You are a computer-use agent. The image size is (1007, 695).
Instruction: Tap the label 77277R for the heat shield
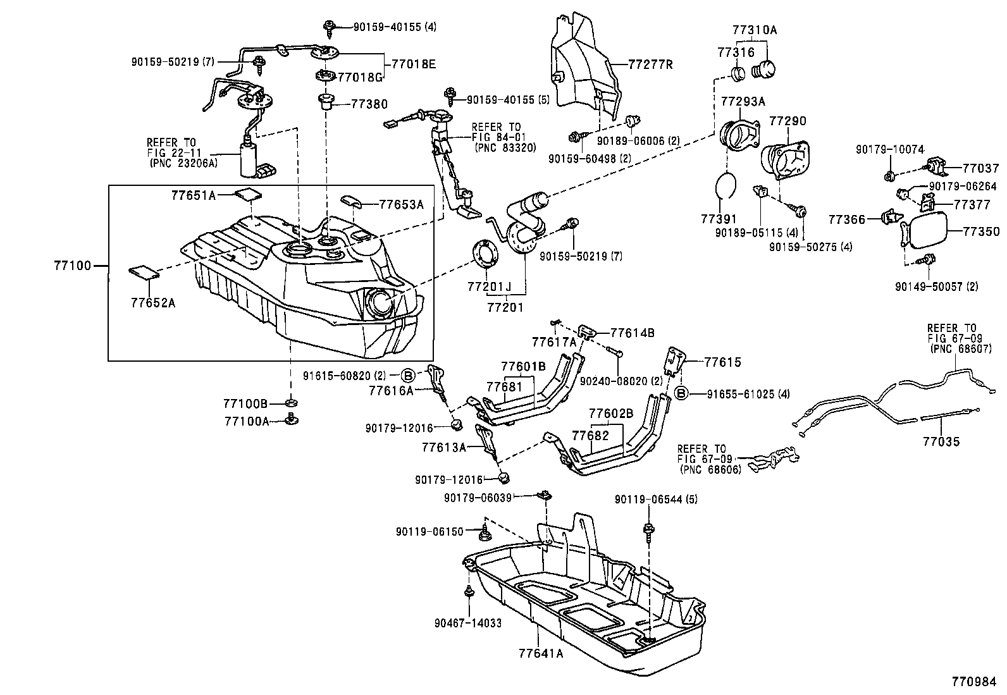click(x=650, y=65)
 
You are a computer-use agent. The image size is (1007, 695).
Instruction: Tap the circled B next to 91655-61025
click(x=682, y=394)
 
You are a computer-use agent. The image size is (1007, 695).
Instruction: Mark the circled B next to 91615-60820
click(x=409, y=374)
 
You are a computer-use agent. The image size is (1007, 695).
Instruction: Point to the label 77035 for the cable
click(x=941, y=441)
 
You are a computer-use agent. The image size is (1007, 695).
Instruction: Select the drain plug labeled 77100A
click(x=291, y=419)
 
